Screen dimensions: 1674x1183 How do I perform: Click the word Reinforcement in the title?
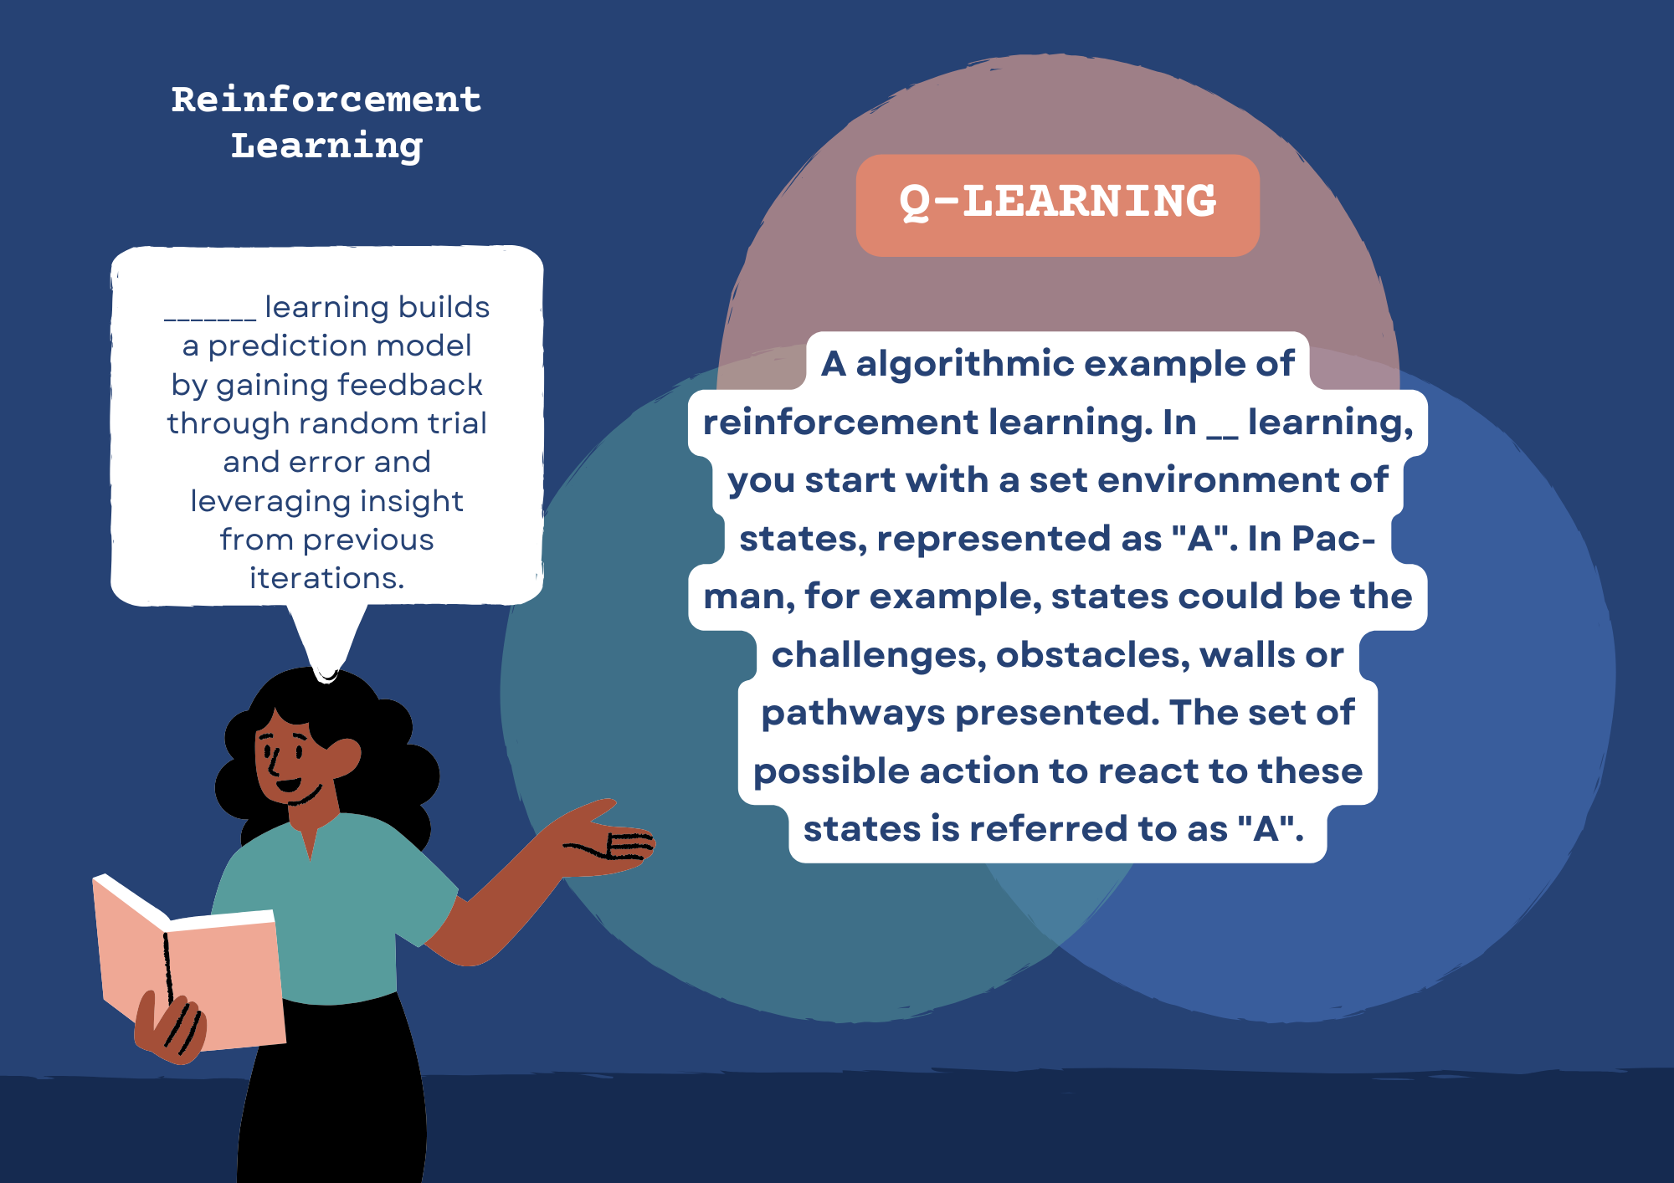click(x=326, y=100)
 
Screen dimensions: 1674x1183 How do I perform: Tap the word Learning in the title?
click(x=326, y=146)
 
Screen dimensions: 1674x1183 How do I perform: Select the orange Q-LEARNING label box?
click(x=1058, y=205)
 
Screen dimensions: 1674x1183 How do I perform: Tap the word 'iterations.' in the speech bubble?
click(x=326, y=578)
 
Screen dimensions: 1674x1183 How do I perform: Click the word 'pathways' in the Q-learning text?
click(x=853, y=714)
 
